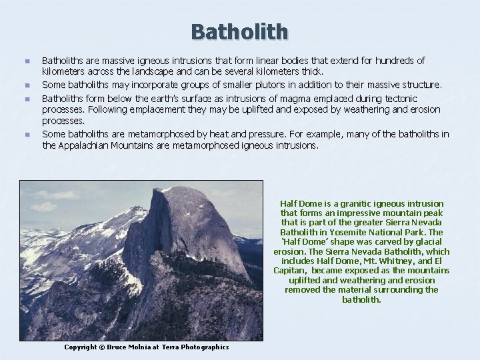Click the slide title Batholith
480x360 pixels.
click(239, 31)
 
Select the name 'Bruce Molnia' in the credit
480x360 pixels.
click(129, 347)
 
